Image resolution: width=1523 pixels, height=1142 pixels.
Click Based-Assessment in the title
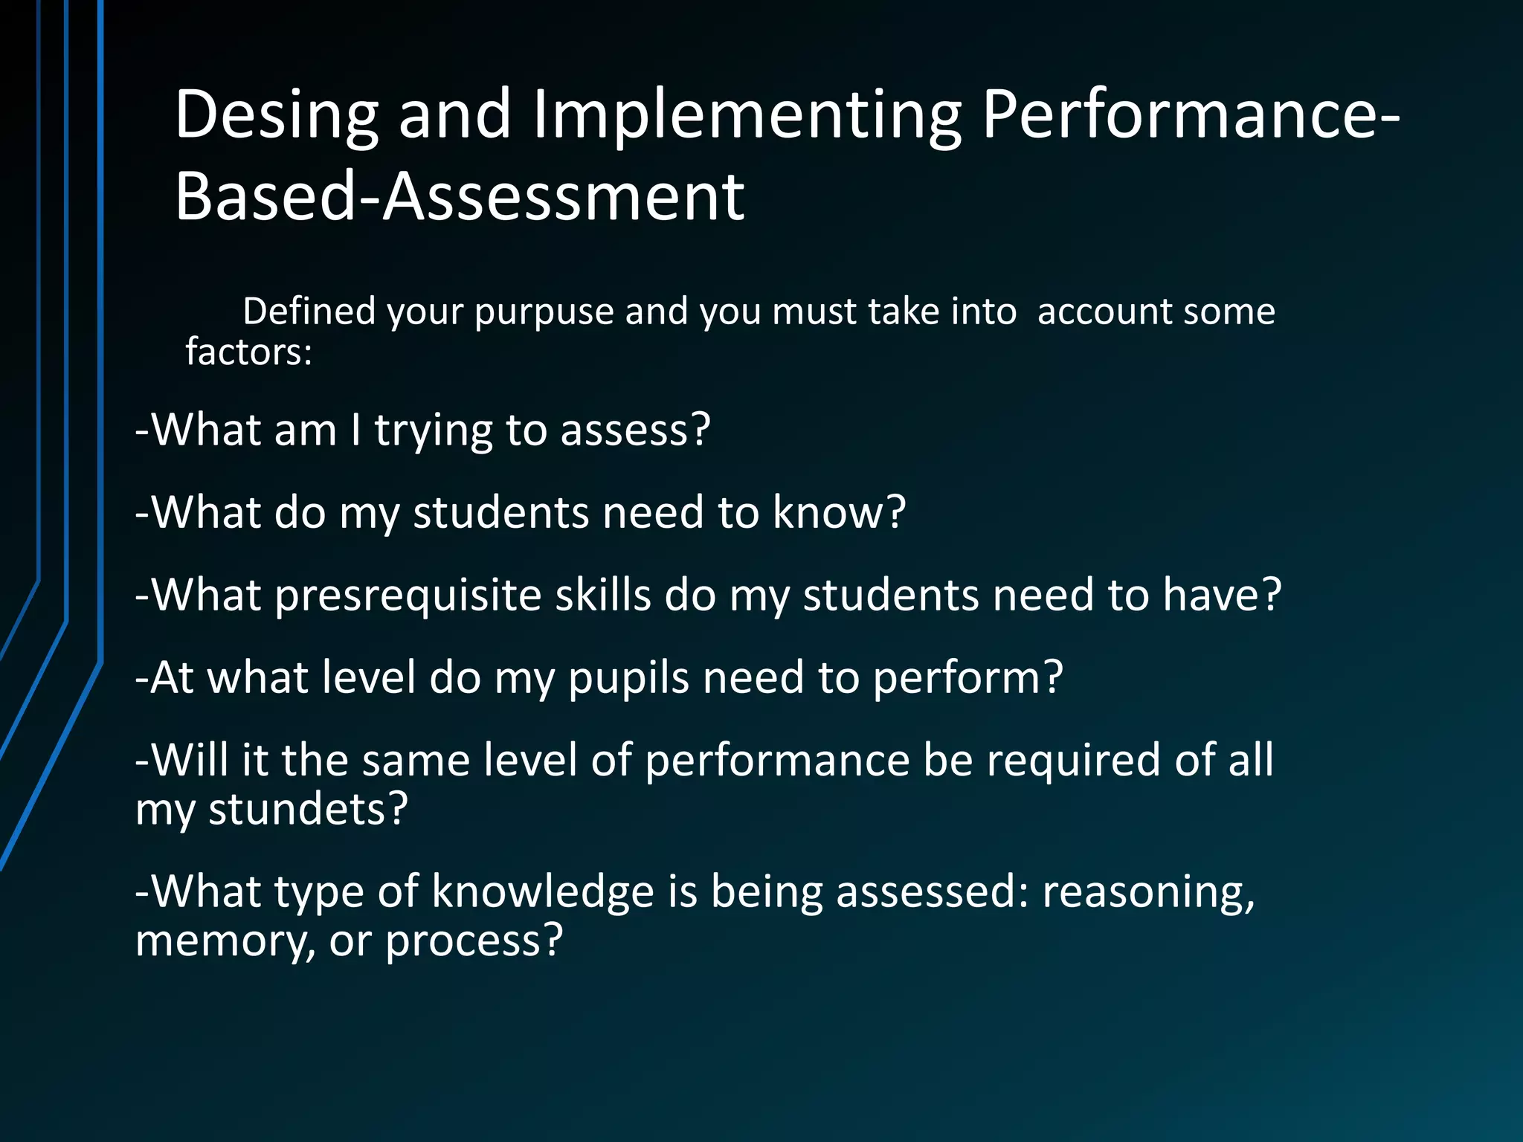(x=460, y=196)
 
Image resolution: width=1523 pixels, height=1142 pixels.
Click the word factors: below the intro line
(x=248, y=352)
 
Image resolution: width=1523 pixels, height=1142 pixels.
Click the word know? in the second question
(x=840, y=512)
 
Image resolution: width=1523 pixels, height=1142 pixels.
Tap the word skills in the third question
(x=603, y=595)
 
